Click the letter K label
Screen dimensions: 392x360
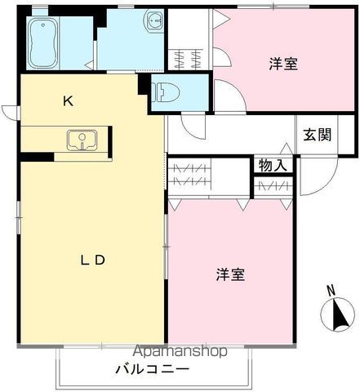[69, 101]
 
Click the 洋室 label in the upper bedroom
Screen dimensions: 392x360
[283, 64]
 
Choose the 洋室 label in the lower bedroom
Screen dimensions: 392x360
[230, 275]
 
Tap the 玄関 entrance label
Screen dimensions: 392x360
[318, 136]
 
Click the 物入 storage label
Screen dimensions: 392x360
[273, 165]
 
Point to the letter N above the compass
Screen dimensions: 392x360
[330, 290]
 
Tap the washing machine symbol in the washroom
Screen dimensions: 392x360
[153, 20]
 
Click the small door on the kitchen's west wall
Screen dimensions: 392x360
[10, 112]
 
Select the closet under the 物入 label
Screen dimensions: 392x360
[272, 186]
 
